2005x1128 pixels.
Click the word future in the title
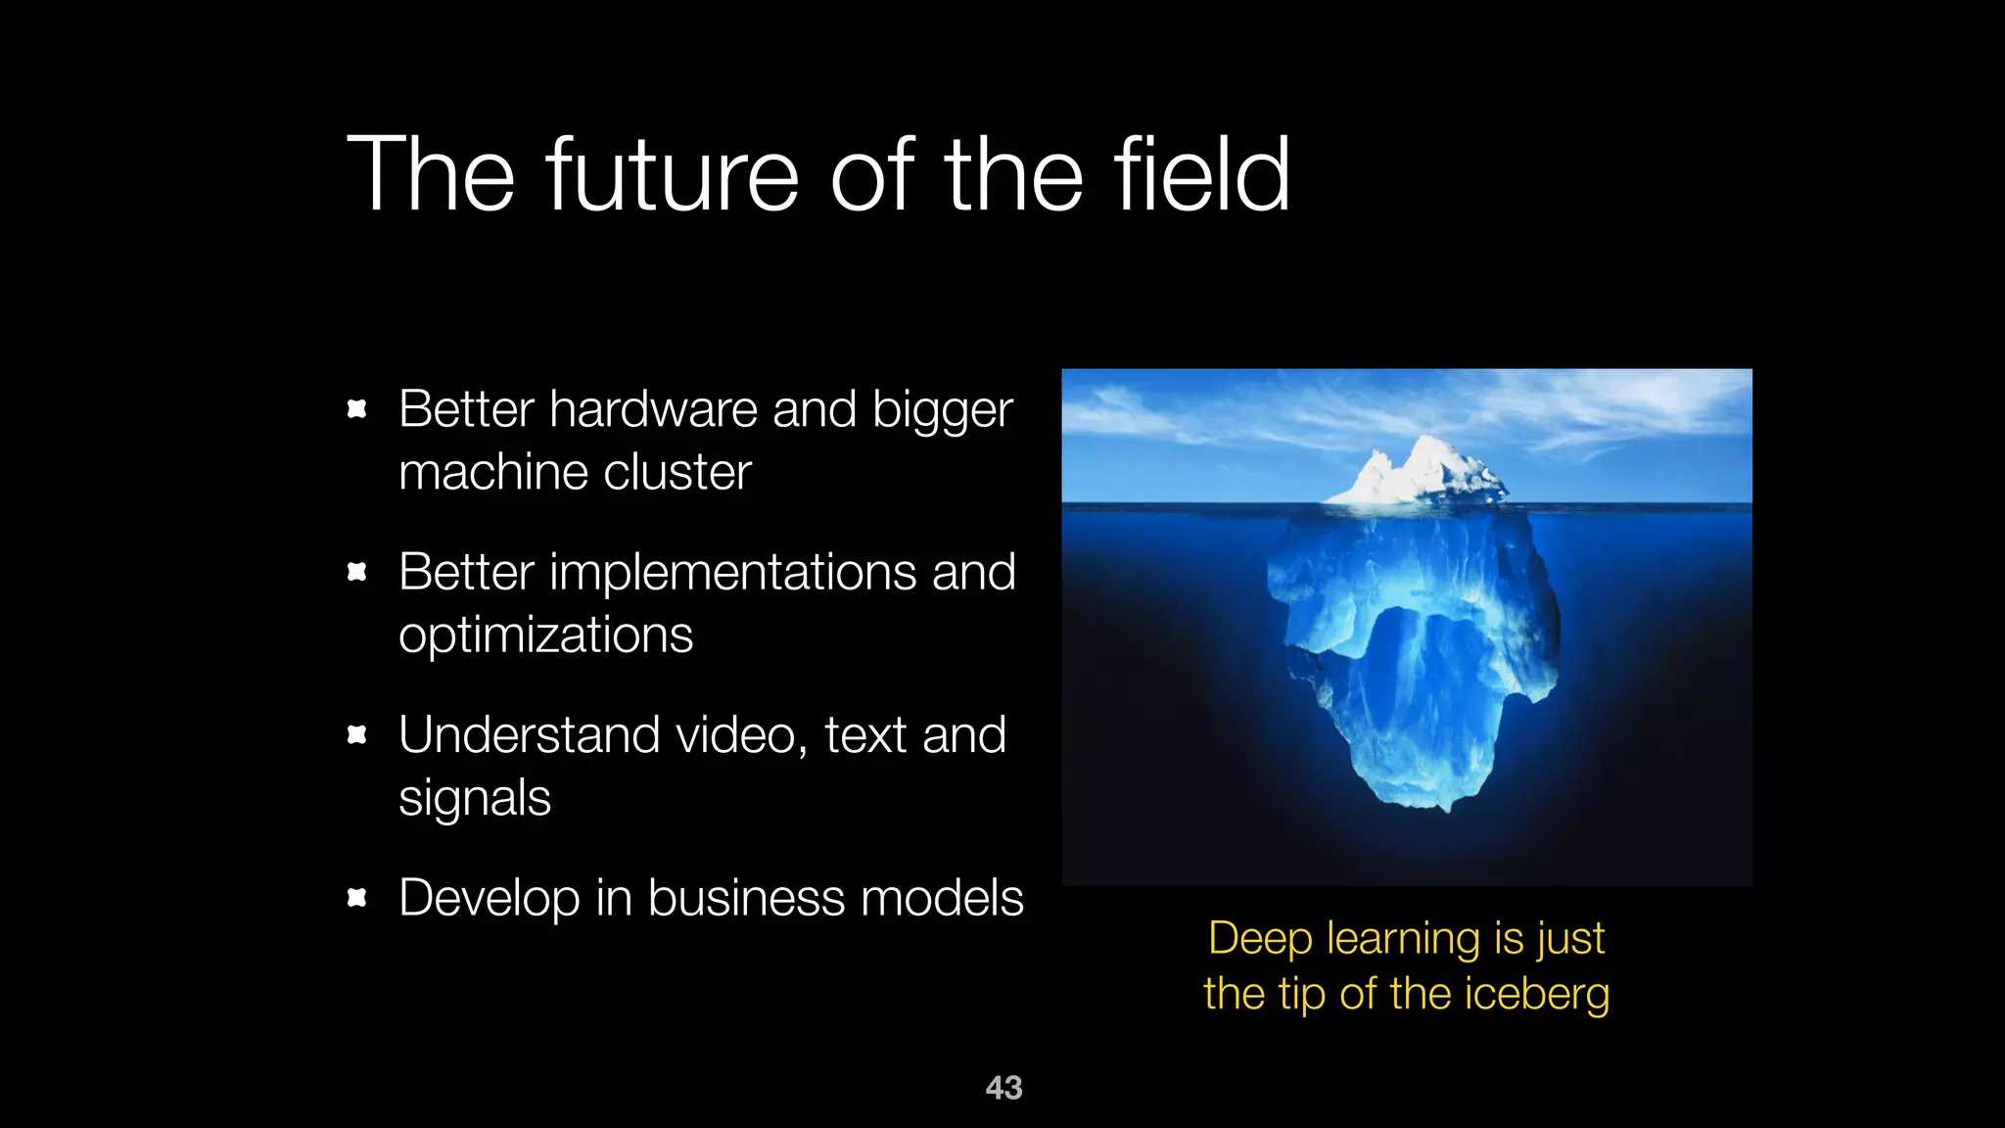673,176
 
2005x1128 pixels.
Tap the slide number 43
1003,1088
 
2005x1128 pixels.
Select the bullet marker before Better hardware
357,409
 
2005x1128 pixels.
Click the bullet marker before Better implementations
357,572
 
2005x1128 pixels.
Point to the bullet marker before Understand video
357,734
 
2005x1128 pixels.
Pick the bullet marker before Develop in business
357,897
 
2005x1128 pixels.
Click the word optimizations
545,636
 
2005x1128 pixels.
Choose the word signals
475,799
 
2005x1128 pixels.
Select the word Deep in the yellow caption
1260,938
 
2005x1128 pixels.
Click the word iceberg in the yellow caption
1537,995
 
